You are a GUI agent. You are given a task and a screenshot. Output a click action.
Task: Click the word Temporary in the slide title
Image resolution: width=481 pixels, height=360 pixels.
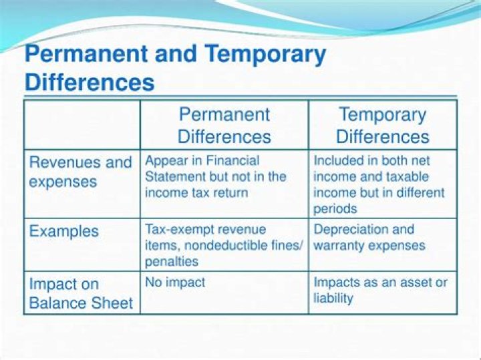tap(265, 55)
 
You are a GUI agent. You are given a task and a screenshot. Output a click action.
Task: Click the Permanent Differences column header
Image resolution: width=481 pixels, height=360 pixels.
tap(224, 125)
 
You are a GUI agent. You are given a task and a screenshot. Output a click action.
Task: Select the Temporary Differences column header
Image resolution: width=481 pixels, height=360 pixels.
tap(383, 125)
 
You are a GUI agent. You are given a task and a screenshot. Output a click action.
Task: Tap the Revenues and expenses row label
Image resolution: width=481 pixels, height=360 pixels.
tap(81, 172)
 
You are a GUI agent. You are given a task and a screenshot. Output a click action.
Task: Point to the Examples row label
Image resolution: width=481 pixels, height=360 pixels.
tap(63, 232)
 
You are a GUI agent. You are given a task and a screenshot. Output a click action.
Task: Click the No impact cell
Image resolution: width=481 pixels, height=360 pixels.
tap(174, 283)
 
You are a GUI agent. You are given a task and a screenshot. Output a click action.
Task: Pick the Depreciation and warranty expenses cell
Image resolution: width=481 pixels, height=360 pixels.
tap(369, 237)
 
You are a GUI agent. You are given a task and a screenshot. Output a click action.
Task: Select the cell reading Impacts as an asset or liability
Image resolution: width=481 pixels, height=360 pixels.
tap(380, 290)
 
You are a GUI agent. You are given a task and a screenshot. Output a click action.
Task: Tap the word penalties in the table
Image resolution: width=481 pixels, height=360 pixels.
tap(172, 262)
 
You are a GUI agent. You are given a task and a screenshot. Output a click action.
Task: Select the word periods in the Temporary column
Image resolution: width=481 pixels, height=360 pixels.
tap(335, 209)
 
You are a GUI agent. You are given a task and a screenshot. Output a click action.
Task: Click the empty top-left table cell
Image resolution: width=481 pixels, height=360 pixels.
tap(82, 125)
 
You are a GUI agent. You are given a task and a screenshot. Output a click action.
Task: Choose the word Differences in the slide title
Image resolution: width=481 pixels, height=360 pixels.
tap(90, 83)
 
